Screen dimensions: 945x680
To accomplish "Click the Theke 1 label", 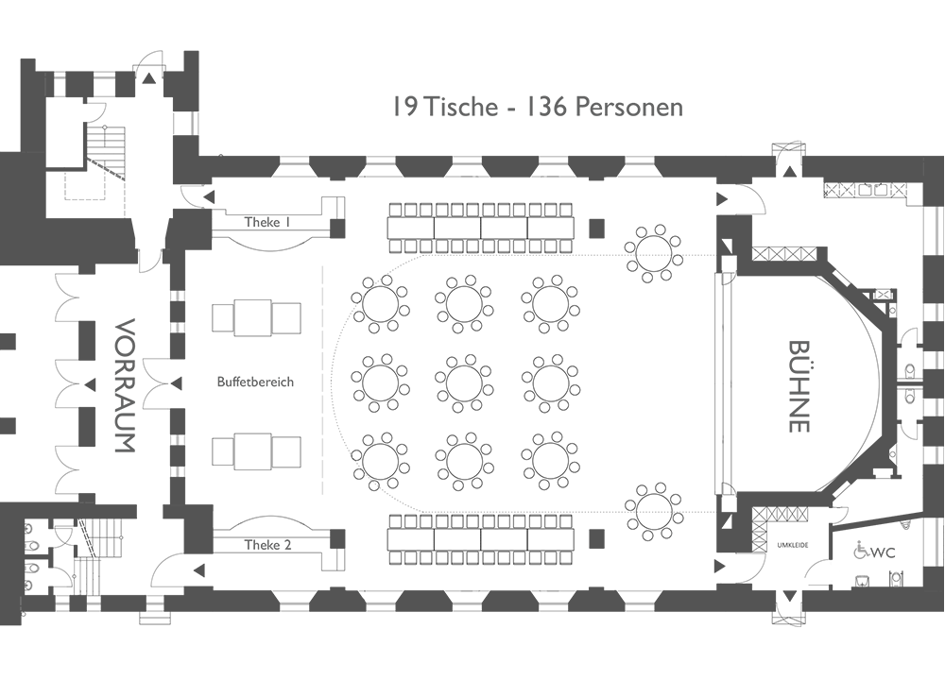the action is click(x=267, y=222).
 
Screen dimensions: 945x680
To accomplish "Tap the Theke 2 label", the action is click(x=267, y=545).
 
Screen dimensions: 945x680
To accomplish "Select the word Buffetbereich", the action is click(x=255, y=382).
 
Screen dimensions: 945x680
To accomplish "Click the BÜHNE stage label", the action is click(x=799, y=386).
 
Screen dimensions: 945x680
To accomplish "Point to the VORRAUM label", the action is click(x=126, y=385).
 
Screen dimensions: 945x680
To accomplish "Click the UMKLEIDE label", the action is click(x=793, y=546).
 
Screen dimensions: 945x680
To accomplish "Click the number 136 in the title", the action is click(x=546, y=108).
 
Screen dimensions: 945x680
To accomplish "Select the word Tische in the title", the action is click(x=461, y=108).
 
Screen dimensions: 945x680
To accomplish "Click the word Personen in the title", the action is click(x=628, y=108).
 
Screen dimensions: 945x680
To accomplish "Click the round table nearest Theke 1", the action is click(x=380, y=303).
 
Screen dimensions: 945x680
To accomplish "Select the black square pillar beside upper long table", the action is click(x=596, y=228).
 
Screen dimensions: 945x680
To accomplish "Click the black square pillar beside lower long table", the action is click(x=596, y=537).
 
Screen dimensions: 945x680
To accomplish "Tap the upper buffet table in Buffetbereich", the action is click(x=256, y=317).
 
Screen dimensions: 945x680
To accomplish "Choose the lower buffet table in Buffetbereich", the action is click(x=256, y=450).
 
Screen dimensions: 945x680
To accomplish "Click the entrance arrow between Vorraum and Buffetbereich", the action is click(x=176, y=383).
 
